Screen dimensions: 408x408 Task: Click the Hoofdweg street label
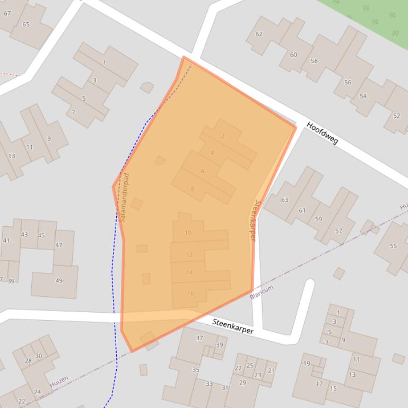(x=322, y=133)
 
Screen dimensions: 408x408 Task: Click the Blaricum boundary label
(x=261, y=292)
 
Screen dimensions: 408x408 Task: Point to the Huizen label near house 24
(x=59, y=382)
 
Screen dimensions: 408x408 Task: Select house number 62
(x=259, y=34)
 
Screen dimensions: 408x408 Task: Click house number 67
(x=7, y=13)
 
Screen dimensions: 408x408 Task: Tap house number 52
(x=396, y=116)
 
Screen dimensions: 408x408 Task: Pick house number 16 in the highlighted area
(x=190, y=293)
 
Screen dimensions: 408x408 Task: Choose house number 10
(x=188, y=233)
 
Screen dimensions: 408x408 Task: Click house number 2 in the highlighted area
(x=223, y=136)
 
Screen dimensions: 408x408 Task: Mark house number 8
(x=192, y=189)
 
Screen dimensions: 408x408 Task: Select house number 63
(x=285, y=200)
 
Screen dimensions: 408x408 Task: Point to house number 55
(x=393, y=246)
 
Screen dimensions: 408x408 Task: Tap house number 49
(x=59, y=281)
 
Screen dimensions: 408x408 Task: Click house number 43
(x=24, y=234)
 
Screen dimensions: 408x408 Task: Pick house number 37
(x=199, y=338)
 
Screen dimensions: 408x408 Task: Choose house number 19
(x=307, y=363)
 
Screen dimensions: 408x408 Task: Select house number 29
(x=242, y=383)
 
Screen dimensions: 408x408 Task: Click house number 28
(x=28, y=361)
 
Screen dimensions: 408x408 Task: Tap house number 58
(x=314, y=61)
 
